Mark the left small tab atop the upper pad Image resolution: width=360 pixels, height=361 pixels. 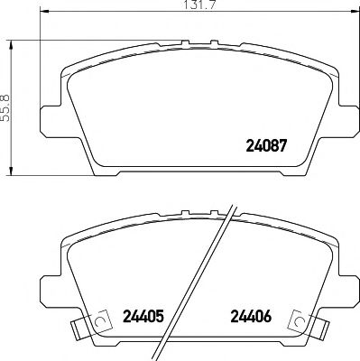pos(182,42)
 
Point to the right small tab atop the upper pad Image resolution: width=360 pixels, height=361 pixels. pos(214,42)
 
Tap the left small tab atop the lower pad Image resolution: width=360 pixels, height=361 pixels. pos(182,213)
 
